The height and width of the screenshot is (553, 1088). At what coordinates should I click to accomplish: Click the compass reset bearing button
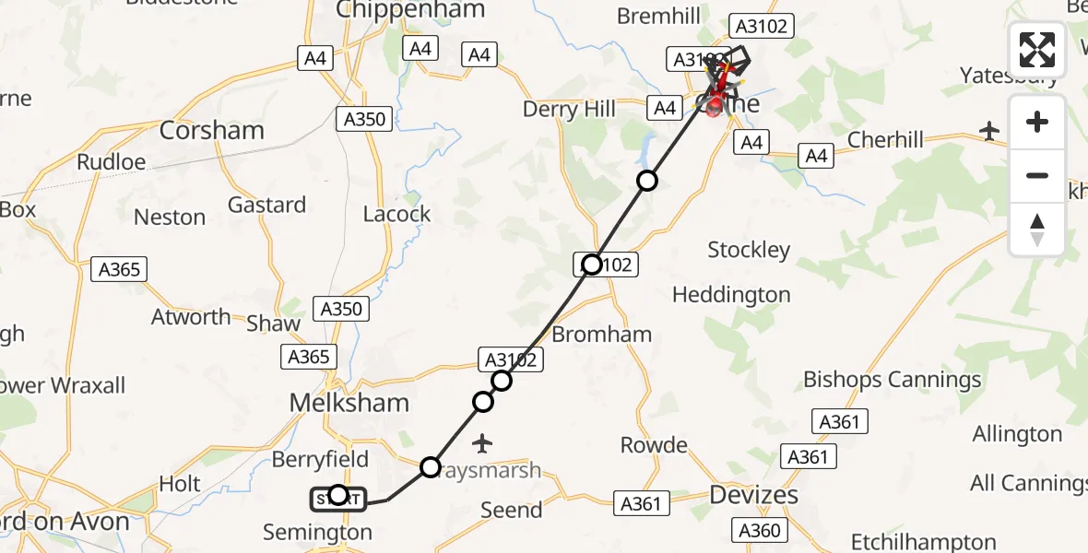coord(1037,229)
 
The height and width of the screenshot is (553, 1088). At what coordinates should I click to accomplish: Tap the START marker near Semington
coord(338,498)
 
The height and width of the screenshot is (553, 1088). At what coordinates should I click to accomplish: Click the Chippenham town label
coord(409,10)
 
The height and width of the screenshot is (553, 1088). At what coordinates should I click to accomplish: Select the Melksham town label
coord(349,403)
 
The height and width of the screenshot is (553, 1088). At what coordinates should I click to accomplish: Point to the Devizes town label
coord(753,495)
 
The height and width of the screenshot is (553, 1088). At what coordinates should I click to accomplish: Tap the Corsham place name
coord(211,131)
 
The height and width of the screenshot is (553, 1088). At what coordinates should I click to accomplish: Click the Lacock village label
coord(396,214)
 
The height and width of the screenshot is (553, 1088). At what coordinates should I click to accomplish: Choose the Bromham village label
coord(603,335)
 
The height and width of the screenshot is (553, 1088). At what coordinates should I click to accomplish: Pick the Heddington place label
coord(731,295)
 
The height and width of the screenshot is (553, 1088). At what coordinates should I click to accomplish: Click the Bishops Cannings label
coord(892,380)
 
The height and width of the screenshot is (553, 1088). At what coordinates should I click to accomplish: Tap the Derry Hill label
coord(569,111)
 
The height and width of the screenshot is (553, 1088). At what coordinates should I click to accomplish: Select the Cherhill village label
coord(884,139)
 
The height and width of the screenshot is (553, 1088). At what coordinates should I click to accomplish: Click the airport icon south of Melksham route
coord(481,444)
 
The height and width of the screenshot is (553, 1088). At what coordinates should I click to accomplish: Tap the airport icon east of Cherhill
coord(989,131)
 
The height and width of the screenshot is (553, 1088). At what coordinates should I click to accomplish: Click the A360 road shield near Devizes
coord(760,530)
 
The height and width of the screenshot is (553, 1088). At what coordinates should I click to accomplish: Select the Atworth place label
coord(191,317)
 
